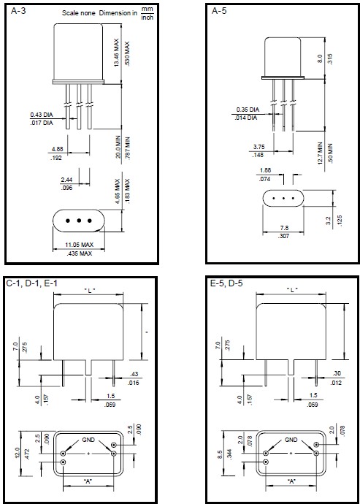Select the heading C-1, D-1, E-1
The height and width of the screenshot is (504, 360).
[x=31, y=283]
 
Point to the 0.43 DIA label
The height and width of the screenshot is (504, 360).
[x=41, y=115]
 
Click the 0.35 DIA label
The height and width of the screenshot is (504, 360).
[x=247, y=110]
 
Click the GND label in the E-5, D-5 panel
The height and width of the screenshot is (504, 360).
[x=291, y=440]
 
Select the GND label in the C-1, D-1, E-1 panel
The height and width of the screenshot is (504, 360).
[x=87, y=440]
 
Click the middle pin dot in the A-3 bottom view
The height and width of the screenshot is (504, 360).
[x=78, y=221]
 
